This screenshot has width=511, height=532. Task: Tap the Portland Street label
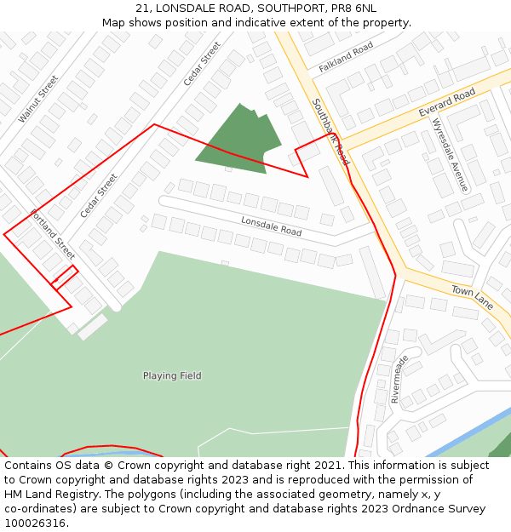(53, 234)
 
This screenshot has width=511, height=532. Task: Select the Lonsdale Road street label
(271, 226)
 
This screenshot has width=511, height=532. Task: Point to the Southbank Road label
(330, 132)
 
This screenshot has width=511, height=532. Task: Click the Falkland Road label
(346, 57)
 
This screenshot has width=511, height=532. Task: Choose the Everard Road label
(446, 102)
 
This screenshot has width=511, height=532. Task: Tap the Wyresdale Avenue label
(450, 153)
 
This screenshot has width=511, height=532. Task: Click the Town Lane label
(472, 297)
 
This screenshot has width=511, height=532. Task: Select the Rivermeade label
(399, 379)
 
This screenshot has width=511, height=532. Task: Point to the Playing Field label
(172, 375)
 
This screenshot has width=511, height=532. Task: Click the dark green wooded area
(238, 140)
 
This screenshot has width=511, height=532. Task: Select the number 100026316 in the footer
(35, 523)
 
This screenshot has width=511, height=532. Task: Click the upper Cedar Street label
(202, 63)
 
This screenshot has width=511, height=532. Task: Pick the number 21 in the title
(142, 9)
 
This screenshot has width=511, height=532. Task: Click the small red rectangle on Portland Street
(65, 277)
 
